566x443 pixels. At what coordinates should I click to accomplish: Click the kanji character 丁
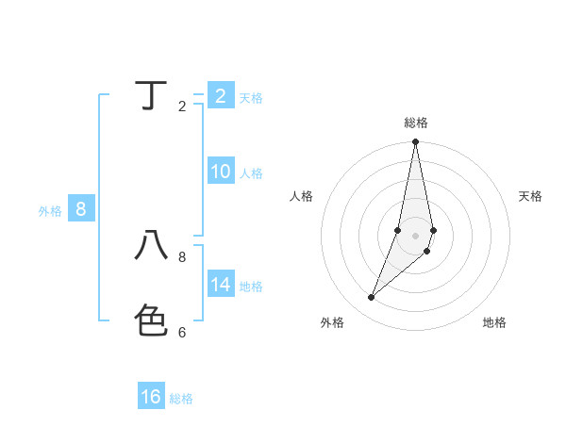point(152,95)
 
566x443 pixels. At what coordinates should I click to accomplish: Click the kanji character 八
point(152,246)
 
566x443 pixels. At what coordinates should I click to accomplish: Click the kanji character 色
point(152,320)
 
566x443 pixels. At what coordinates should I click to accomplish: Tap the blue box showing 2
point(220,95)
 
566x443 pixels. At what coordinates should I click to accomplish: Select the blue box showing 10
point(220,172)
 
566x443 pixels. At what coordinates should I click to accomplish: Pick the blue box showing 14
point(220,284)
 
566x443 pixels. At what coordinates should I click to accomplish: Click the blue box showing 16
point(151,397)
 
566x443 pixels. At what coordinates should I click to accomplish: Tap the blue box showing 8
point(80,209)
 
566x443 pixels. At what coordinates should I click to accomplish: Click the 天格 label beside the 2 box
point(251,98)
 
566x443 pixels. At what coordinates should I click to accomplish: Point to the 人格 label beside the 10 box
point(251,173)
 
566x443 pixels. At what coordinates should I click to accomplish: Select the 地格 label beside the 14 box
point(251,287)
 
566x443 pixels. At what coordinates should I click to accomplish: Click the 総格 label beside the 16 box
point(181,399)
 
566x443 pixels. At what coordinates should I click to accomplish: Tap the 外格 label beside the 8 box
point(50,211)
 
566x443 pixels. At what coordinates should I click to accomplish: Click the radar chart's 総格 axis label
point(416,123)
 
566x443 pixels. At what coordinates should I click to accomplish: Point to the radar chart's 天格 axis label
point(531,196)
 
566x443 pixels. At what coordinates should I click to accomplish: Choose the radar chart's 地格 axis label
point(494,322)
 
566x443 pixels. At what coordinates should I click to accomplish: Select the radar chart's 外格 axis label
point(332,322)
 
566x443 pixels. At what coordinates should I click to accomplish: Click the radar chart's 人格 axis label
point(302,196)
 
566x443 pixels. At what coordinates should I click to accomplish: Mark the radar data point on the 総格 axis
point(416,142)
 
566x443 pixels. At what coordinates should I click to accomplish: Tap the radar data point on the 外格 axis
point(372,297)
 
